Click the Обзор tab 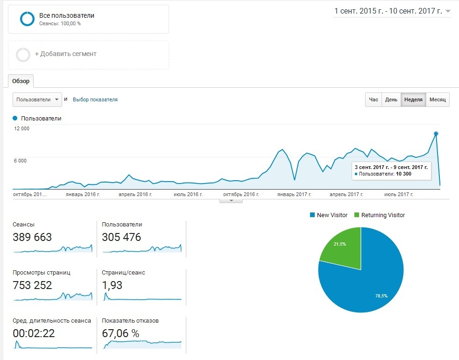21,81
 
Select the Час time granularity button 374,100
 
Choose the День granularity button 391,100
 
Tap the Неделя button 413,100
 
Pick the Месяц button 438,100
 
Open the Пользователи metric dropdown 37,99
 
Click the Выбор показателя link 95,99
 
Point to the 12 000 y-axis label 22,129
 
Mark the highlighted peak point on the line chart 436,134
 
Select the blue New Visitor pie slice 369,280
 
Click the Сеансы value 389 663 32,237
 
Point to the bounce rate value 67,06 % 120,333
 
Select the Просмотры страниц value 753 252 32,285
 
